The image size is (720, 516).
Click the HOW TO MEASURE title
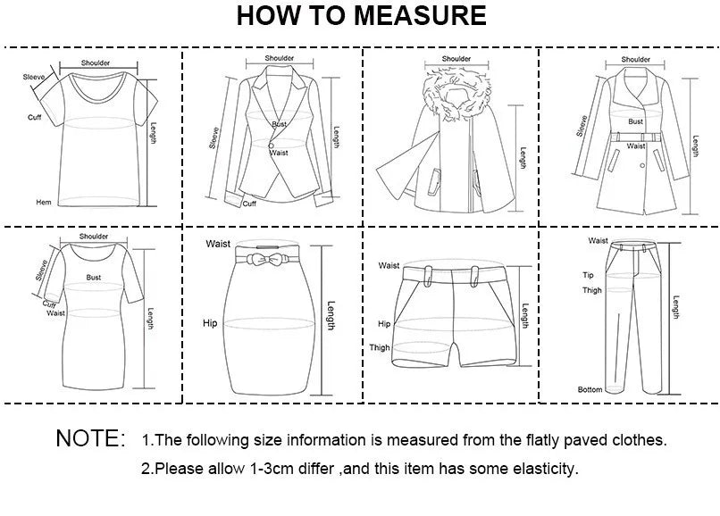pyautogui.click(x=362, y=16)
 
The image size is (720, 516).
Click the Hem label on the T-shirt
pyautogui.click(x=43, y=203)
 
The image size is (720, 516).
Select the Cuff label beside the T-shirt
pyautogui.click(x=35, y=117)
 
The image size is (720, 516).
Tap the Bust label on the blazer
pyautogui.click(x=280, y=125)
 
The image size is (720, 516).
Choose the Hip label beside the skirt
pyautogui.click(x=210, y=322)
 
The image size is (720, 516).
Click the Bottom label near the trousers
pyautogui.click(x=590, y=389)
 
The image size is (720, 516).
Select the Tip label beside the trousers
pyautogui.click(x=589, y=275)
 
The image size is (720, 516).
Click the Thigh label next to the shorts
pyautogui.click(x=380, y=348)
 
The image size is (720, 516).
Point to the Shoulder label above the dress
pyautogui.click(x=94, y=237)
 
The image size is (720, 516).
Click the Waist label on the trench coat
pyautogui.click(x=636, y=146)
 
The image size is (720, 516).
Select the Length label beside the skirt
pyautogui.click(x=331, y=315)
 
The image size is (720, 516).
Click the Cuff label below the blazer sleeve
pyautogui.click(x=250, y=204)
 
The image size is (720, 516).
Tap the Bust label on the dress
pyautogui.click(x=94, y=278)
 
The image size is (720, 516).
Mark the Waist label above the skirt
pyautogui.click(x=218, y=244)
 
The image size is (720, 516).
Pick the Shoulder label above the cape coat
pyautogui.click(x=456, y=59)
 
